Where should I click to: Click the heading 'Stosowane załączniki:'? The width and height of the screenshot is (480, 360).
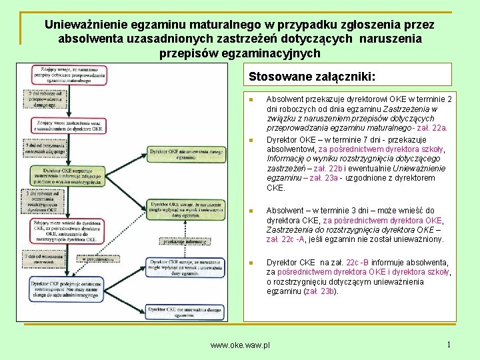(x=311, y=75)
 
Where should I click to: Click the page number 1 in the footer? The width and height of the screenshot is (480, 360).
(x=449, y=345)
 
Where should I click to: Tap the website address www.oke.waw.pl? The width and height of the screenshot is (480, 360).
(x=240, y=345)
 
